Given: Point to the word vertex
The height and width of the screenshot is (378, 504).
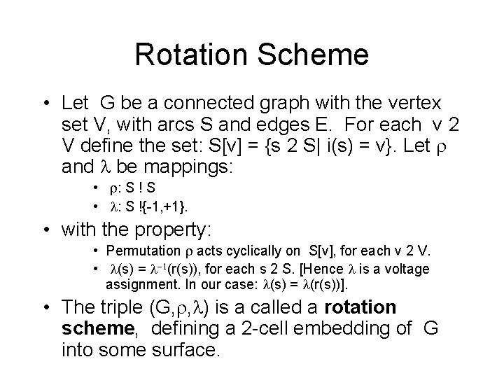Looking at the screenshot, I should [408, 104].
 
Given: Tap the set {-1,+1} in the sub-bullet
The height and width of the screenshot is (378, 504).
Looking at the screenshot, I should [165, 207].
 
